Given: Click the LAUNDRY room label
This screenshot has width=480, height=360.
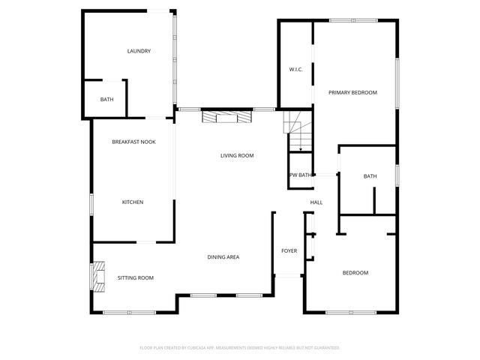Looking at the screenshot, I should [x=139, y=51].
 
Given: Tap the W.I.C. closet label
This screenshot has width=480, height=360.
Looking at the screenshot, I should [x=295, y=70].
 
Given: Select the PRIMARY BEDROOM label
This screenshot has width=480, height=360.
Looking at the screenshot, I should [x=352, y=92].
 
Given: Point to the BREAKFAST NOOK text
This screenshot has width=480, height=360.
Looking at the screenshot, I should [x=133, y=142].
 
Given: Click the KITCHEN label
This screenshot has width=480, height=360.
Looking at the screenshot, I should [x=133, y=202].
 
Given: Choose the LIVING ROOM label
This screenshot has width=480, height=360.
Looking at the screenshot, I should [x=237, y=155].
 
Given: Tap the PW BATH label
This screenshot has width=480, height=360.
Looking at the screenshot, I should [x=301, y=175].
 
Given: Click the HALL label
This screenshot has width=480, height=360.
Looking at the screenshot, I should [x=316, y=202].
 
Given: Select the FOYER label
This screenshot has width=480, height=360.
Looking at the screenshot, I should [x=289, y=250].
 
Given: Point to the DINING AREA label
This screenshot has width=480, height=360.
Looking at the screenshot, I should [x=223, y=257].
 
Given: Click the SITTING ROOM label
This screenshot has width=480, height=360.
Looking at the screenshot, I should [x=135, y=277].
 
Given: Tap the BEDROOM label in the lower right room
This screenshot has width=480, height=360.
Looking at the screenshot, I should [x=355, y=272].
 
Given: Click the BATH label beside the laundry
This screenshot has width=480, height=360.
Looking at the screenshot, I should [x=107, y=99].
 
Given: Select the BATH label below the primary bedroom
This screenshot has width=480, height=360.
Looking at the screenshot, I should [x=370, y=176].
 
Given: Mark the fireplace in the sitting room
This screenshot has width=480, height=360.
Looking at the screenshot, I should [x=97, y=276].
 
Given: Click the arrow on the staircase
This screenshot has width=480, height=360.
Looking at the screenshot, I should [x=300, y=149].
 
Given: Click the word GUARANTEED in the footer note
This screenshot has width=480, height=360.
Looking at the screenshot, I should [x=323, y=348].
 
